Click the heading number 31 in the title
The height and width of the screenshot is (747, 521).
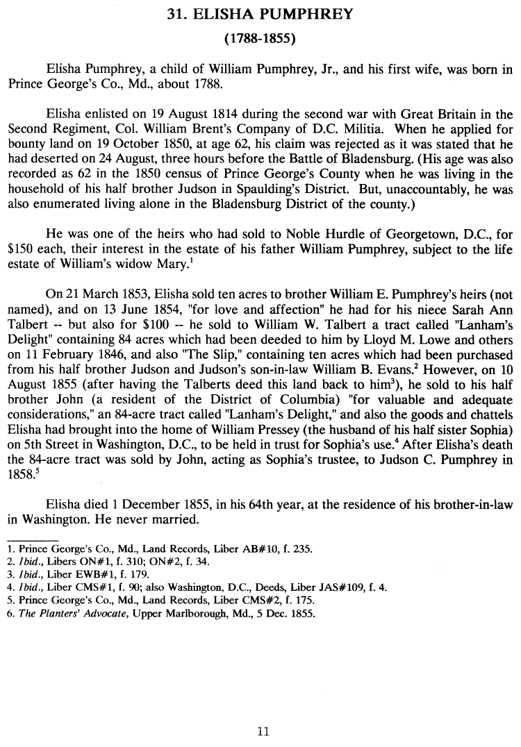(176, 12)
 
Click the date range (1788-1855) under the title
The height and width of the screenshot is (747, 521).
(260, 38)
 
